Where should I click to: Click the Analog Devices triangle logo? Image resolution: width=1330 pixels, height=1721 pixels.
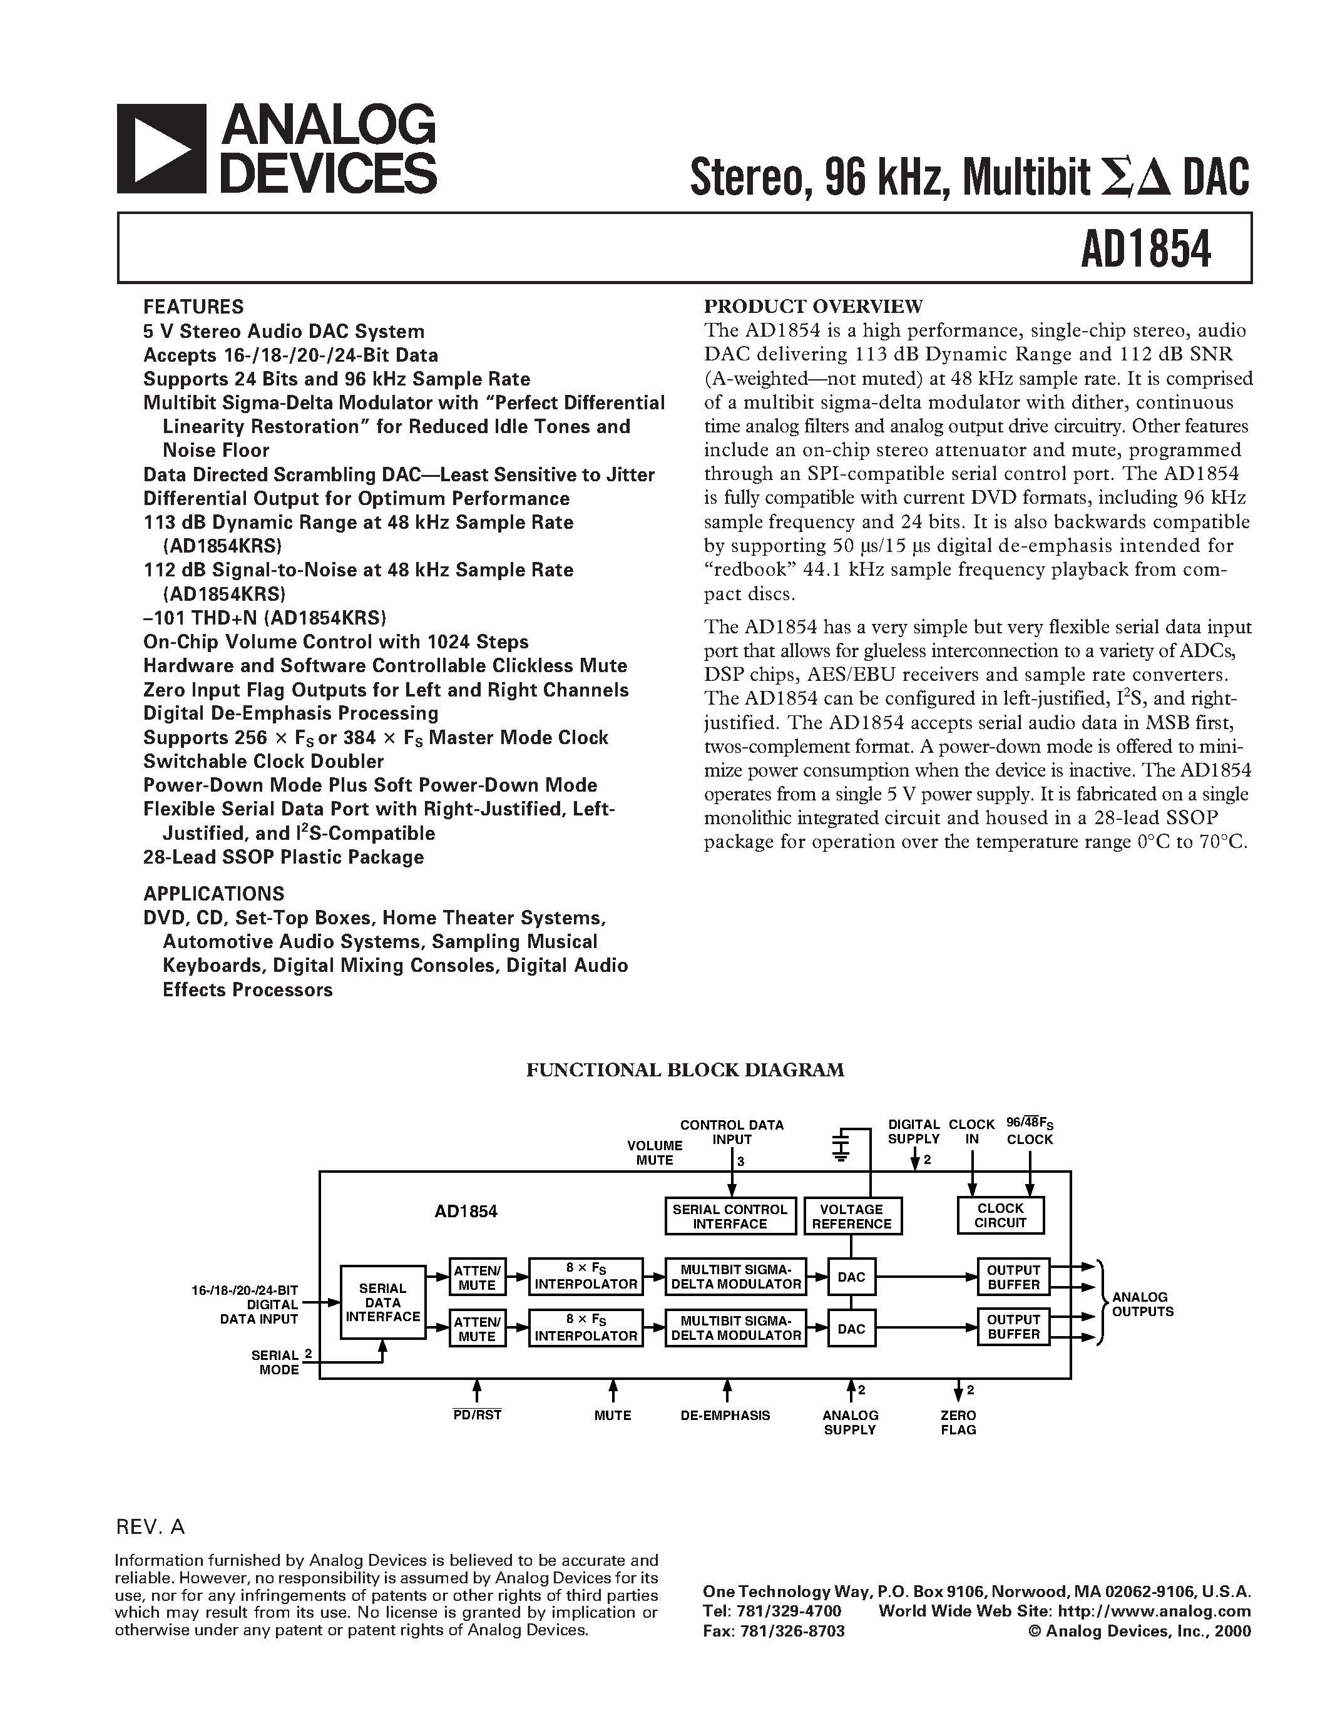[x=161, y=149]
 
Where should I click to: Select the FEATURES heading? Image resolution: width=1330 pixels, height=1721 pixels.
[x=193, y=307]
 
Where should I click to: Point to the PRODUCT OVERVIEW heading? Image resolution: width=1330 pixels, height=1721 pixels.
[x=813, y=307]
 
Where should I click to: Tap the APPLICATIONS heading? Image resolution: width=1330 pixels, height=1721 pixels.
[x=213, y=894]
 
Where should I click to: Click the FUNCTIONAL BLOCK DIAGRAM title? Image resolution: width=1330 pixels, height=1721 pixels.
[x=685, y=1070]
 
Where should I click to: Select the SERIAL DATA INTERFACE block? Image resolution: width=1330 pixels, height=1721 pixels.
[x=382, y=1302]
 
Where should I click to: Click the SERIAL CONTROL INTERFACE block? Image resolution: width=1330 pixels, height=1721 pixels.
[x=730, y=1216]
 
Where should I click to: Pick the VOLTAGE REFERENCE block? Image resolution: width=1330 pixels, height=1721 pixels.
[x=852, y=1216]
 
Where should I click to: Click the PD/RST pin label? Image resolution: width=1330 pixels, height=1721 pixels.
[x=477, y=1414]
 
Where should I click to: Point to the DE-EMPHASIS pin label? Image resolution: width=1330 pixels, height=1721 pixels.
[x=725, y=1415]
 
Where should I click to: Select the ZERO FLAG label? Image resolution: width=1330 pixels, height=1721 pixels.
[x=958, y=1422]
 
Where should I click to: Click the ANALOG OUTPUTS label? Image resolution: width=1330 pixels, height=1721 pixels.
[x=1142, y=1304]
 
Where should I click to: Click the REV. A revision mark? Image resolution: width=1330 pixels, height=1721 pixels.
[x=150, y=1527]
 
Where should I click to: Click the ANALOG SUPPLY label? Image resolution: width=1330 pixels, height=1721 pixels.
[x=850, y=1422]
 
